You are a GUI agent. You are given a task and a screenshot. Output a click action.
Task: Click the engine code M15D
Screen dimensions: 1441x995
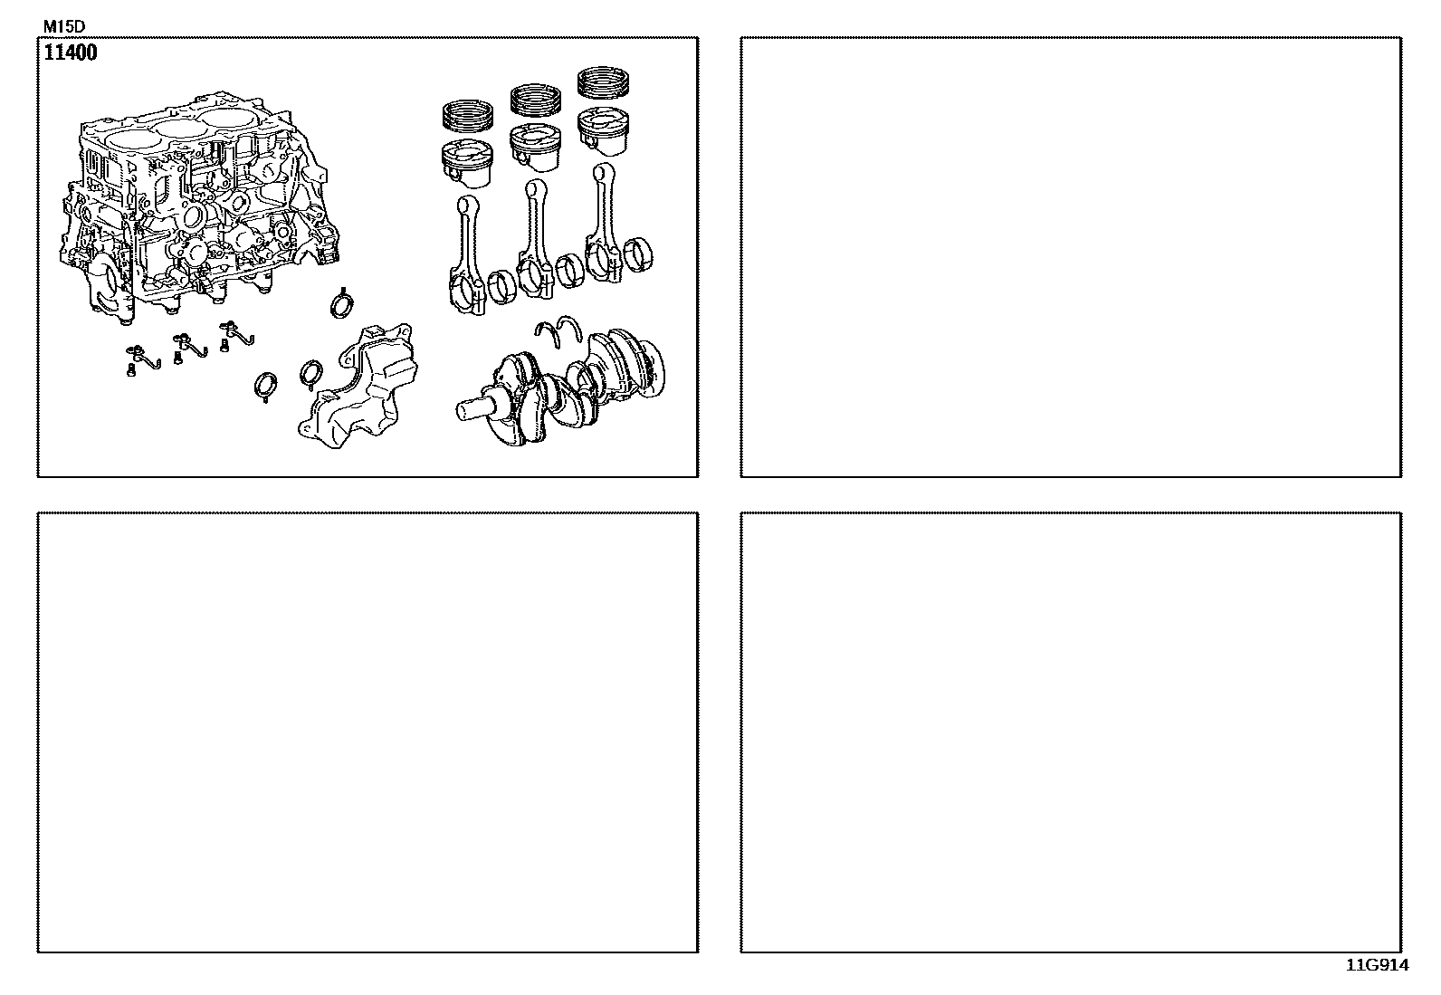coord(63,27)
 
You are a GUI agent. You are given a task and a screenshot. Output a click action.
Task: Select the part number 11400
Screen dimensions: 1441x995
coord(70,53)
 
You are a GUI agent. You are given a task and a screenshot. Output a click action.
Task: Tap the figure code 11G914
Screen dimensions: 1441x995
coord(1378,965)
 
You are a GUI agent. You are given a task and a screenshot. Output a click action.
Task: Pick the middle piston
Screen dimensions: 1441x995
coord(535,148)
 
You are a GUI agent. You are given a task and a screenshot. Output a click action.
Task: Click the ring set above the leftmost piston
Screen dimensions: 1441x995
coord(468,116)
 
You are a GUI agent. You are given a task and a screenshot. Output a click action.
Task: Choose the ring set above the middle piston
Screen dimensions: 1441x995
coord(535,100)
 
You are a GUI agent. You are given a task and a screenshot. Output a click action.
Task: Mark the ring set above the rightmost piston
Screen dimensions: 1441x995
coord(603,82)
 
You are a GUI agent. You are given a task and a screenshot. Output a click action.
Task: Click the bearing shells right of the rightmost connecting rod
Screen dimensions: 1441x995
coord(638,254)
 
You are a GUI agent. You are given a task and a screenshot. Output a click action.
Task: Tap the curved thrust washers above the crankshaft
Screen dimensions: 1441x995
coord(558,330)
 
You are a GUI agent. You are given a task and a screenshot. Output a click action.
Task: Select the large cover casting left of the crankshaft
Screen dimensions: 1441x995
coord(358,387)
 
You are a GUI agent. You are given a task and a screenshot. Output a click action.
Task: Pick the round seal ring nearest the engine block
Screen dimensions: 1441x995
coord(342,304)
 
